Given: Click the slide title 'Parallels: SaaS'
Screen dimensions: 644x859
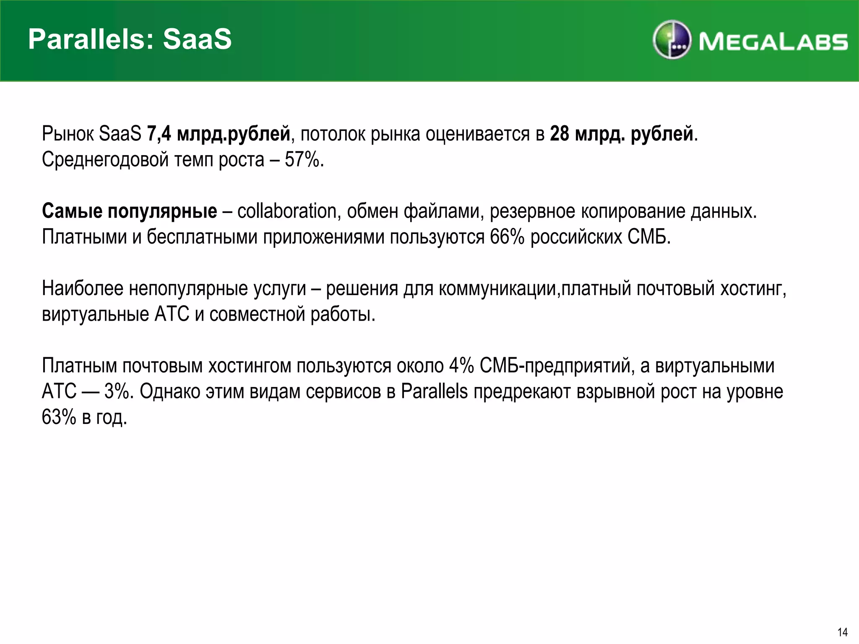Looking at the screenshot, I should point(130,39).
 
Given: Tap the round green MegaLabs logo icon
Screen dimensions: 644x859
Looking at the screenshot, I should point(672,39).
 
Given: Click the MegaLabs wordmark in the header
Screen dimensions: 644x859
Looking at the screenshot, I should point(773,42).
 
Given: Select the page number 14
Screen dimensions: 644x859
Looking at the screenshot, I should point(842,632).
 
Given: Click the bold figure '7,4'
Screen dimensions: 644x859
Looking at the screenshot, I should point(159,134).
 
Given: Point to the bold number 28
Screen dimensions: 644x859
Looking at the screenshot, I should point(560,134).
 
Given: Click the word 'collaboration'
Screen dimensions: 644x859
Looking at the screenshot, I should point(287,211).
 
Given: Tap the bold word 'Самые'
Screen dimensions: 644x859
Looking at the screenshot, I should point(72,211).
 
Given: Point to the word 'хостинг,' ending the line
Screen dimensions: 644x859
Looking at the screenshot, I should point(753,288).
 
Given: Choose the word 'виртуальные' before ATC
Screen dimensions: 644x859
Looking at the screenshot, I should point(95,314).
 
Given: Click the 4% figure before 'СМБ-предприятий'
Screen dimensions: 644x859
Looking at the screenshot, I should point(461,366).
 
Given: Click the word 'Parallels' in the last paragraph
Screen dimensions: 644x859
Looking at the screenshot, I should point(434,392).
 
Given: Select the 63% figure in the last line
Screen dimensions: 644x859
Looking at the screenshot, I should point(59,417).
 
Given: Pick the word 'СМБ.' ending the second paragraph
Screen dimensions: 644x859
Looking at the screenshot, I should point(649,237).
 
